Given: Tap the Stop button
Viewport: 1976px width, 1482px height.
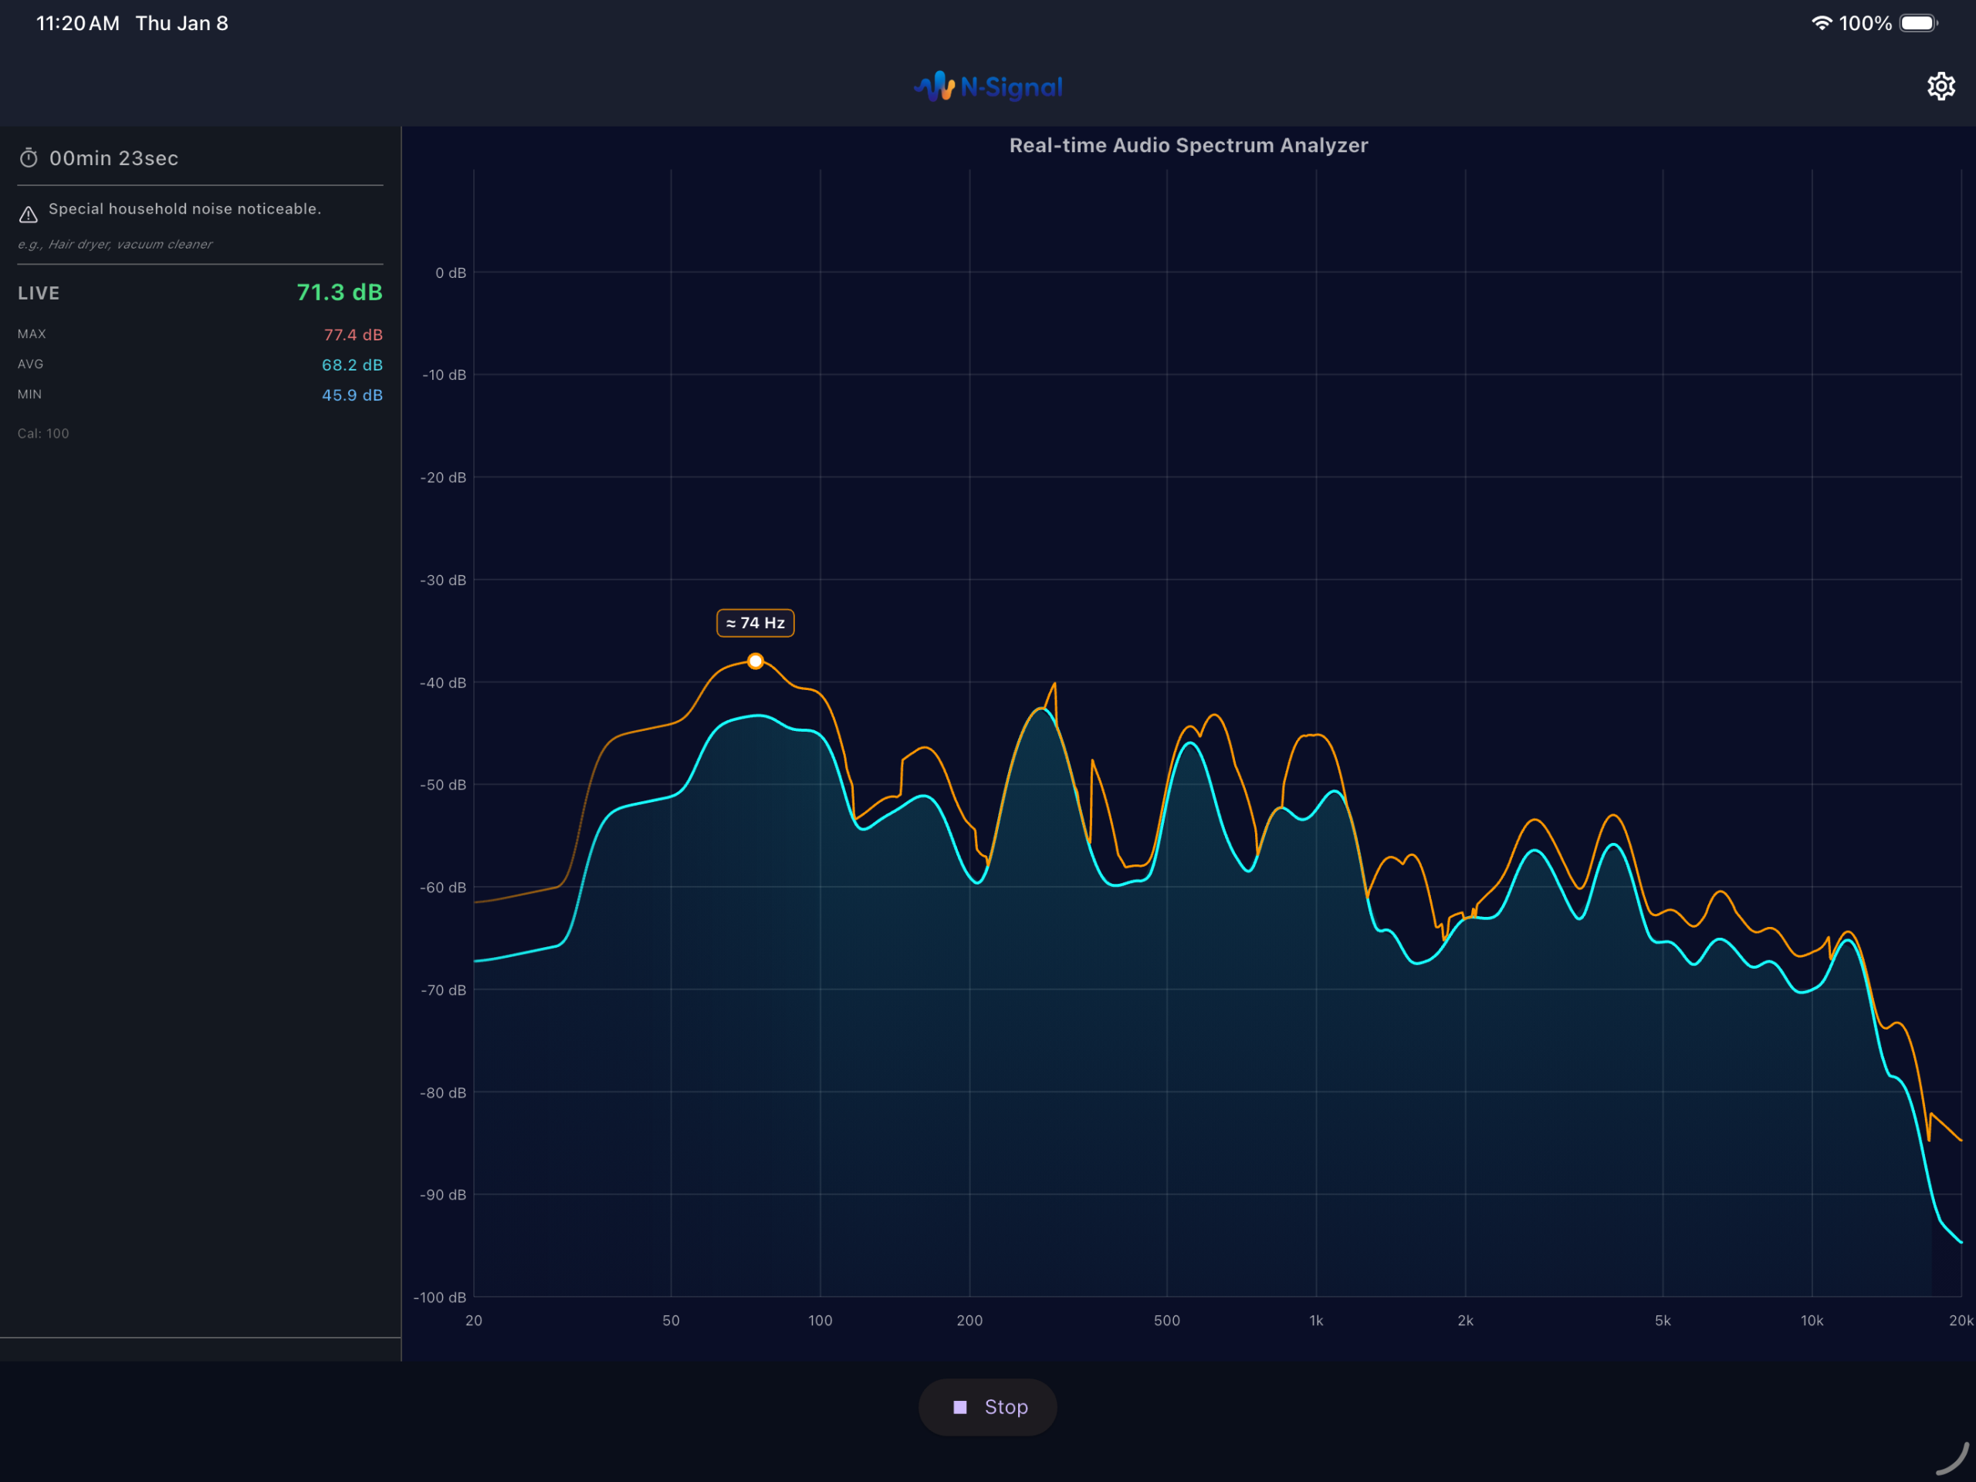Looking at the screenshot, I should tap(987, 1407).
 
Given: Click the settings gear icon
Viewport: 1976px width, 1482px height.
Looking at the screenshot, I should tap(1940, 86).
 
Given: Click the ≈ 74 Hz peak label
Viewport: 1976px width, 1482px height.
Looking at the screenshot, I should tap(755, 623).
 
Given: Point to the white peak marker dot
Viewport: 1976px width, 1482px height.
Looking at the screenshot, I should tap(756, 661).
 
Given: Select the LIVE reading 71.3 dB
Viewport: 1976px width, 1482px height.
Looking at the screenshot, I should tap(339, 292).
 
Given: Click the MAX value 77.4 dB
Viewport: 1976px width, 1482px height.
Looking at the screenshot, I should tap(353, 335).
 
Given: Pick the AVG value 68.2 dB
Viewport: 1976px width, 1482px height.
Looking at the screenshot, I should tap(352, 364).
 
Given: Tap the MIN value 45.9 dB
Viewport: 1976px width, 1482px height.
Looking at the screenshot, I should tap(352, 395).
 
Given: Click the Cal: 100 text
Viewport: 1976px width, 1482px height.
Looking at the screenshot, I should tap(43, 433).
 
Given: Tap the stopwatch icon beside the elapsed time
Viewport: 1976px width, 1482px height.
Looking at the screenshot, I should tap(29, 158).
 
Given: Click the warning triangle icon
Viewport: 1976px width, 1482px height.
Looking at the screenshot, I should tap(29, 215).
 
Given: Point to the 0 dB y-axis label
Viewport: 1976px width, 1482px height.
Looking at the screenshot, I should tap(450, 272).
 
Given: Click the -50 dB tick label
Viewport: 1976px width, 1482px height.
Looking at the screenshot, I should tap(443, 784).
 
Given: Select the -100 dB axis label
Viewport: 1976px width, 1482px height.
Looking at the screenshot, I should tap(439, 1297).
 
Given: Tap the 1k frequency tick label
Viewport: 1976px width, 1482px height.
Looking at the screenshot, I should tap(1316, 1321).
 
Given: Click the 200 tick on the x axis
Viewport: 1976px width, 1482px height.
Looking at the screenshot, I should tap(969, 1321).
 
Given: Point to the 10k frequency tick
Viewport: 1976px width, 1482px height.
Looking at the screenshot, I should tap(1812, 1321).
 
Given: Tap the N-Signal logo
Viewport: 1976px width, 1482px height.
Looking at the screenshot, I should tap(987, 86).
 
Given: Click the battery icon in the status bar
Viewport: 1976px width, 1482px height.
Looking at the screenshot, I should tap(1917, 23).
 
